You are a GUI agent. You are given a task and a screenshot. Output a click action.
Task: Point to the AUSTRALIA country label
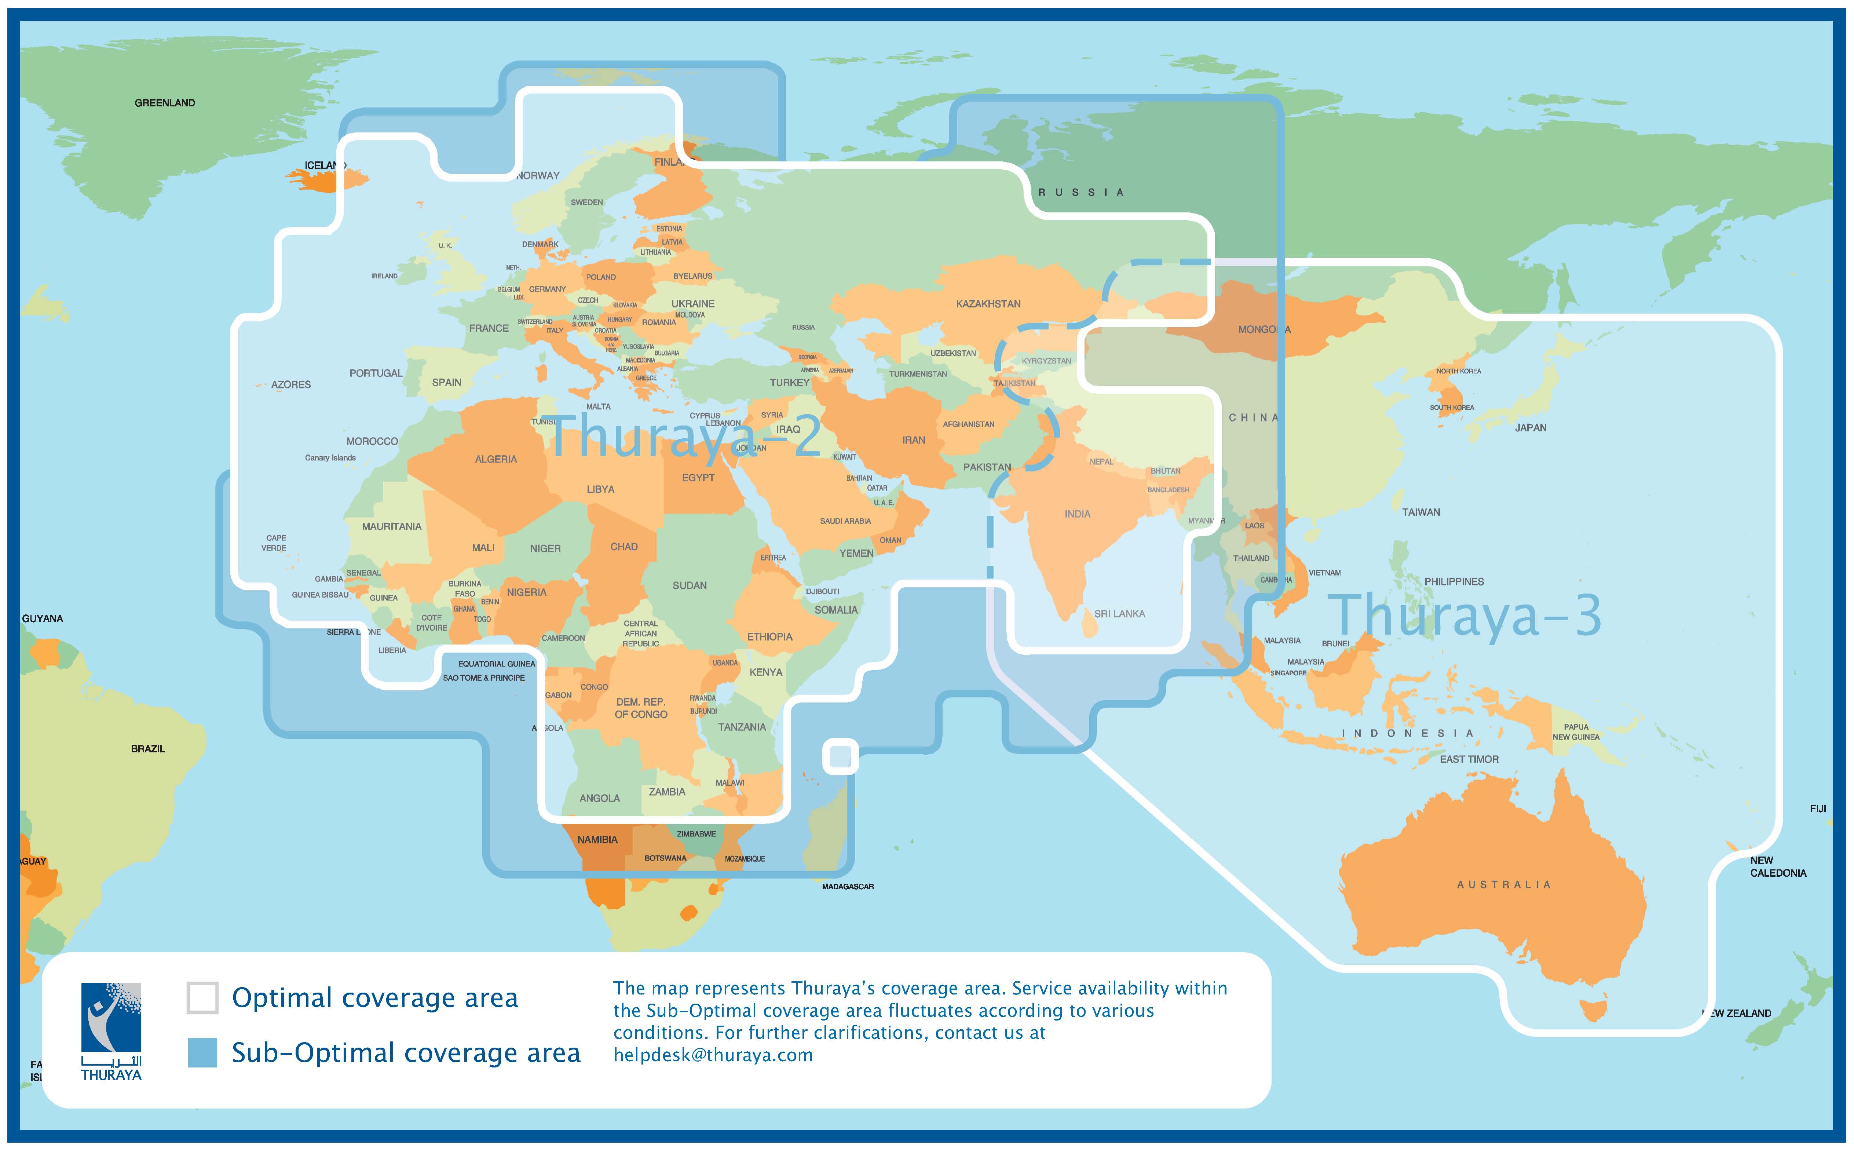click(1503, 884)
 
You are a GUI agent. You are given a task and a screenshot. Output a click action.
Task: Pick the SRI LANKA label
click(1119, 614)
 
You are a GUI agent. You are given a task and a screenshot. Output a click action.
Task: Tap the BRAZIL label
click(147, 749)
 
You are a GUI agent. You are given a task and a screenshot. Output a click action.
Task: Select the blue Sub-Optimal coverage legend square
click(202, 1053)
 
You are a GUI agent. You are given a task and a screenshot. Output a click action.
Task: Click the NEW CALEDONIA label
click(1777, 867)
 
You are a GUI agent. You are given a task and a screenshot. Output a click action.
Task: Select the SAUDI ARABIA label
click(845, 521)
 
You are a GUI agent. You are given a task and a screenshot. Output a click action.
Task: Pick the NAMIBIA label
click(597, 840)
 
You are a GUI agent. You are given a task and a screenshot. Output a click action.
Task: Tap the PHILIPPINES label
click(1453, 582)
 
